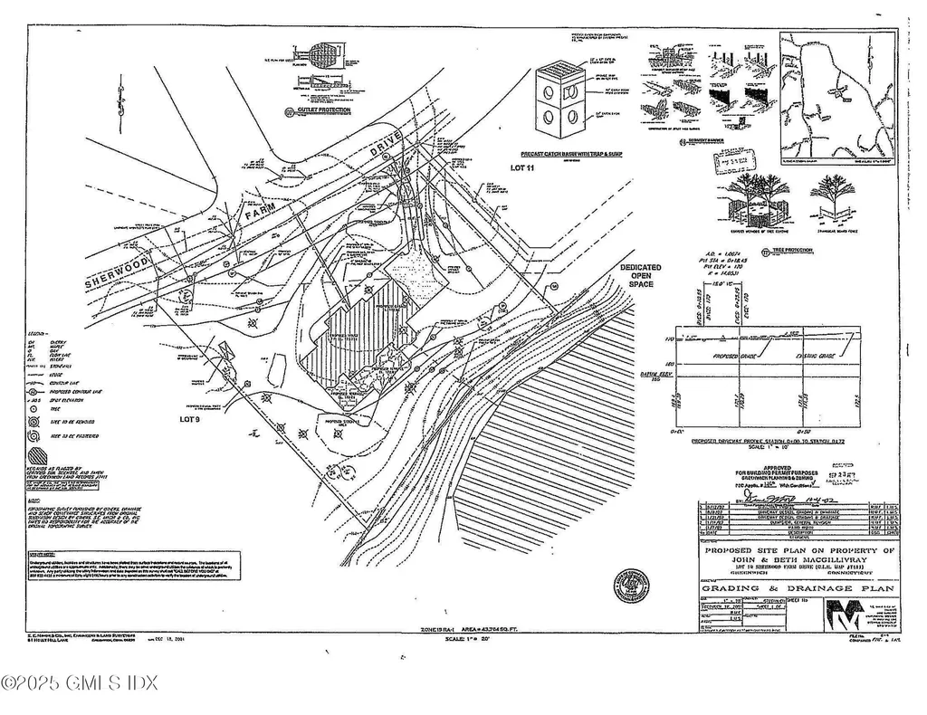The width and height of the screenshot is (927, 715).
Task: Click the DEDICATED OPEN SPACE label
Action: coord(640,276)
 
